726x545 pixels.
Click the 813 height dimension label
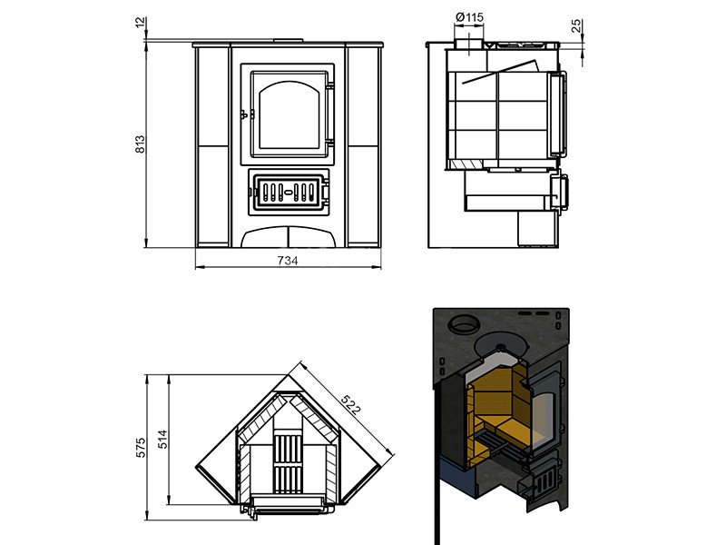(x=141, y=144)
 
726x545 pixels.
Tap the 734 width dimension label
(x=288, y=261)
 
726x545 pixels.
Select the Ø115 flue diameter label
(x=469, y=17)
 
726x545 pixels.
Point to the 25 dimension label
(x=577, y=25)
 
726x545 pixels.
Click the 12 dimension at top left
(x=141, y=22)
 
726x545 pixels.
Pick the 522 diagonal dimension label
(x=350, y=404)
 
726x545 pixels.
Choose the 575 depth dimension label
(x=141, y=447)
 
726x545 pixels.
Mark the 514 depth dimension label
(x=163, y=440)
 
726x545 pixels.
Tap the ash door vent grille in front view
(x=288, y=192)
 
